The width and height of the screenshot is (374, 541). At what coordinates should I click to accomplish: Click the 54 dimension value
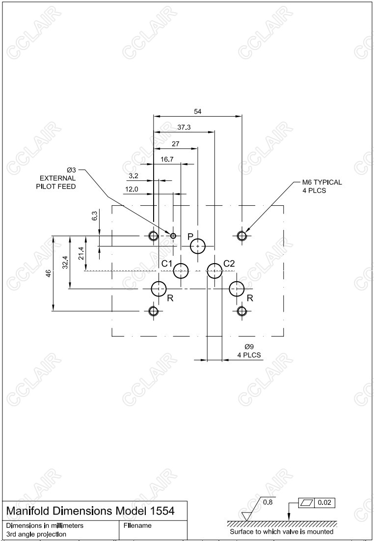click(x=197, y=112)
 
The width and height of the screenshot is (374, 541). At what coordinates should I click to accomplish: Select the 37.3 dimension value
click(x=184, y=127)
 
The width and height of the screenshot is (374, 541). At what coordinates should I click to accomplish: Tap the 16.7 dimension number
click(x=167, y=159)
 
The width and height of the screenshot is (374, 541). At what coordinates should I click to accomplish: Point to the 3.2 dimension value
click(x=134, y=175)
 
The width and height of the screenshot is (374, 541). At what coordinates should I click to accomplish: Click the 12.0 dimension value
click(x=132, y=189)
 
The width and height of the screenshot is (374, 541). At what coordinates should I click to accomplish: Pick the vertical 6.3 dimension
click(x=95, y=215)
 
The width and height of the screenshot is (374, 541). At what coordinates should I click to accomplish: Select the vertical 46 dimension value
click(x=48, y=273)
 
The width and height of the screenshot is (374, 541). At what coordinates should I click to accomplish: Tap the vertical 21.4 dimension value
click(x=81, y=254)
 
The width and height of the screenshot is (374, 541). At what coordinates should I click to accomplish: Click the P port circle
click(x=198, y=246)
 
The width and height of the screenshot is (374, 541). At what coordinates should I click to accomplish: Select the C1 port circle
click(x=181, y=270)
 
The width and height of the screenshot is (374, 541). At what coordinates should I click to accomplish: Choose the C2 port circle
click(x=214, y=270)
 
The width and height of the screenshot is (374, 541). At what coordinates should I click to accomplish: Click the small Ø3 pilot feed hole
click(x=173, y=236)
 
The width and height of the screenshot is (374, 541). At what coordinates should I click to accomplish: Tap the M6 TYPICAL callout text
click(x=322, y=182)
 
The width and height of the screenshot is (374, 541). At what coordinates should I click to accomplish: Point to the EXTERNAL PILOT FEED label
click(x=57, y=183)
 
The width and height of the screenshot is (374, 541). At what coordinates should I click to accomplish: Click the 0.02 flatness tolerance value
click(x=324, y=503)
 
